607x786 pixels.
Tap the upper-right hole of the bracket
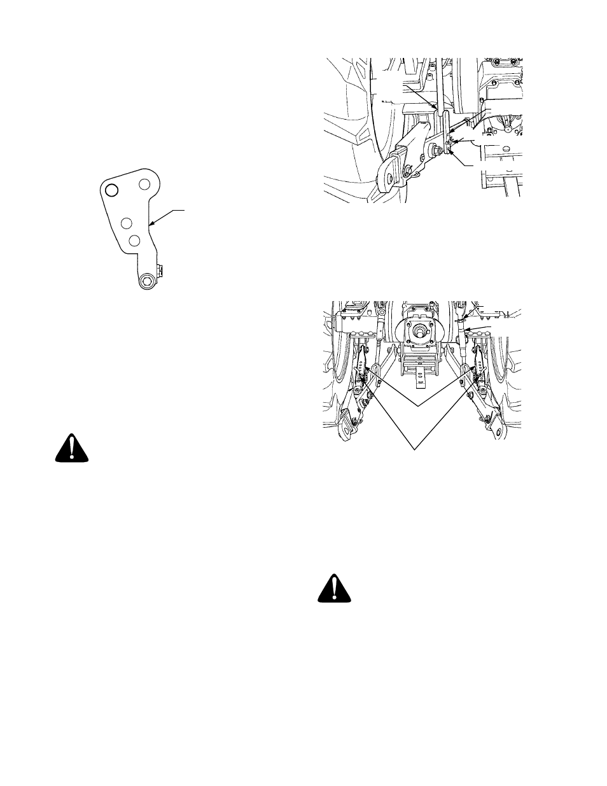[x=144, y=184]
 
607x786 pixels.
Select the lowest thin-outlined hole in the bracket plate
[x=134, y=241]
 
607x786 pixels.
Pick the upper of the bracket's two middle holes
[x=126, y=223]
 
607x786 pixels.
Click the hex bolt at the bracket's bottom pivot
[x=148, y=281]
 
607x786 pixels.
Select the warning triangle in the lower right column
[x=335, y=588]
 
